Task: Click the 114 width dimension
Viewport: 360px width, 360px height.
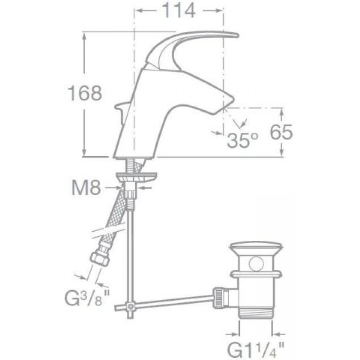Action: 179,10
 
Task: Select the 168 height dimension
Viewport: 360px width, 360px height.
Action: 85,93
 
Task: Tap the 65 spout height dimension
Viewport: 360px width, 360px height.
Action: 281,132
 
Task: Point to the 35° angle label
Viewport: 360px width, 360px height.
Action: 243,140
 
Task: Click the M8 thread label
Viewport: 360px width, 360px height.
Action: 86,188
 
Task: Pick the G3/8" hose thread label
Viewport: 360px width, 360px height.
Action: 87,298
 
